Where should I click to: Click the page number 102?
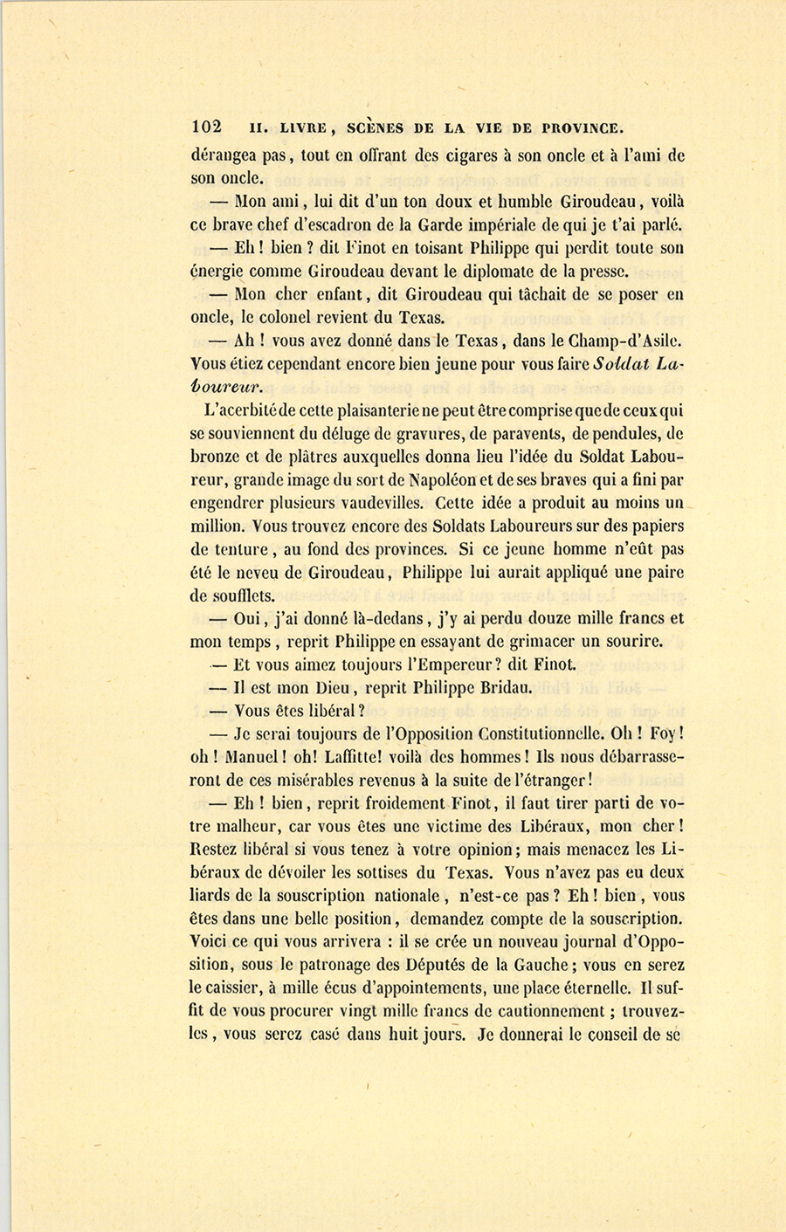pyautogui.click(x=207, y=127)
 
